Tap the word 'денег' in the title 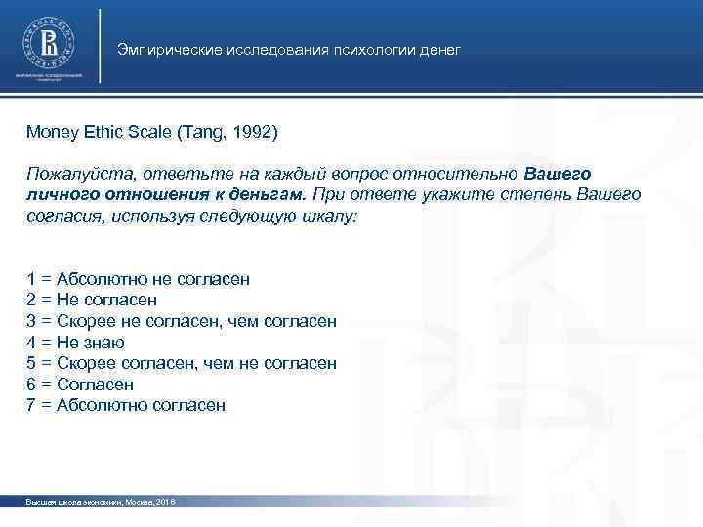[438, 50]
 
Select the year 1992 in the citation [262, 131]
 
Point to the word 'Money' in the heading [50, 131]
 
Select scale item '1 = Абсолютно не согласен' [138, 279]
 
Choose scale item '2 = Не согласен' [92, 301]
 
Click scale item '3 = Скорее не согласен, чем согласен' [182, 321]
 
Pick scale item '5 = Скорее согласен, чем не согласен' [182, 363]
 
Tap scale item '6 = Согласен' [80, 385]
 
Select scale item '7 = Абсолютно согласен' [126, 405]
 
